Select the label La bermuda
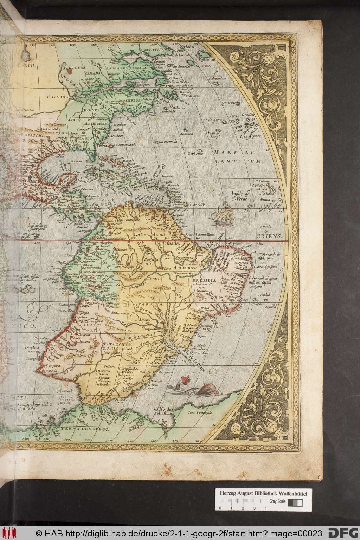[x=166, y=142]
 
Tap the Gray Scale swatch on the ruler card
[x=295, y=503]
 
